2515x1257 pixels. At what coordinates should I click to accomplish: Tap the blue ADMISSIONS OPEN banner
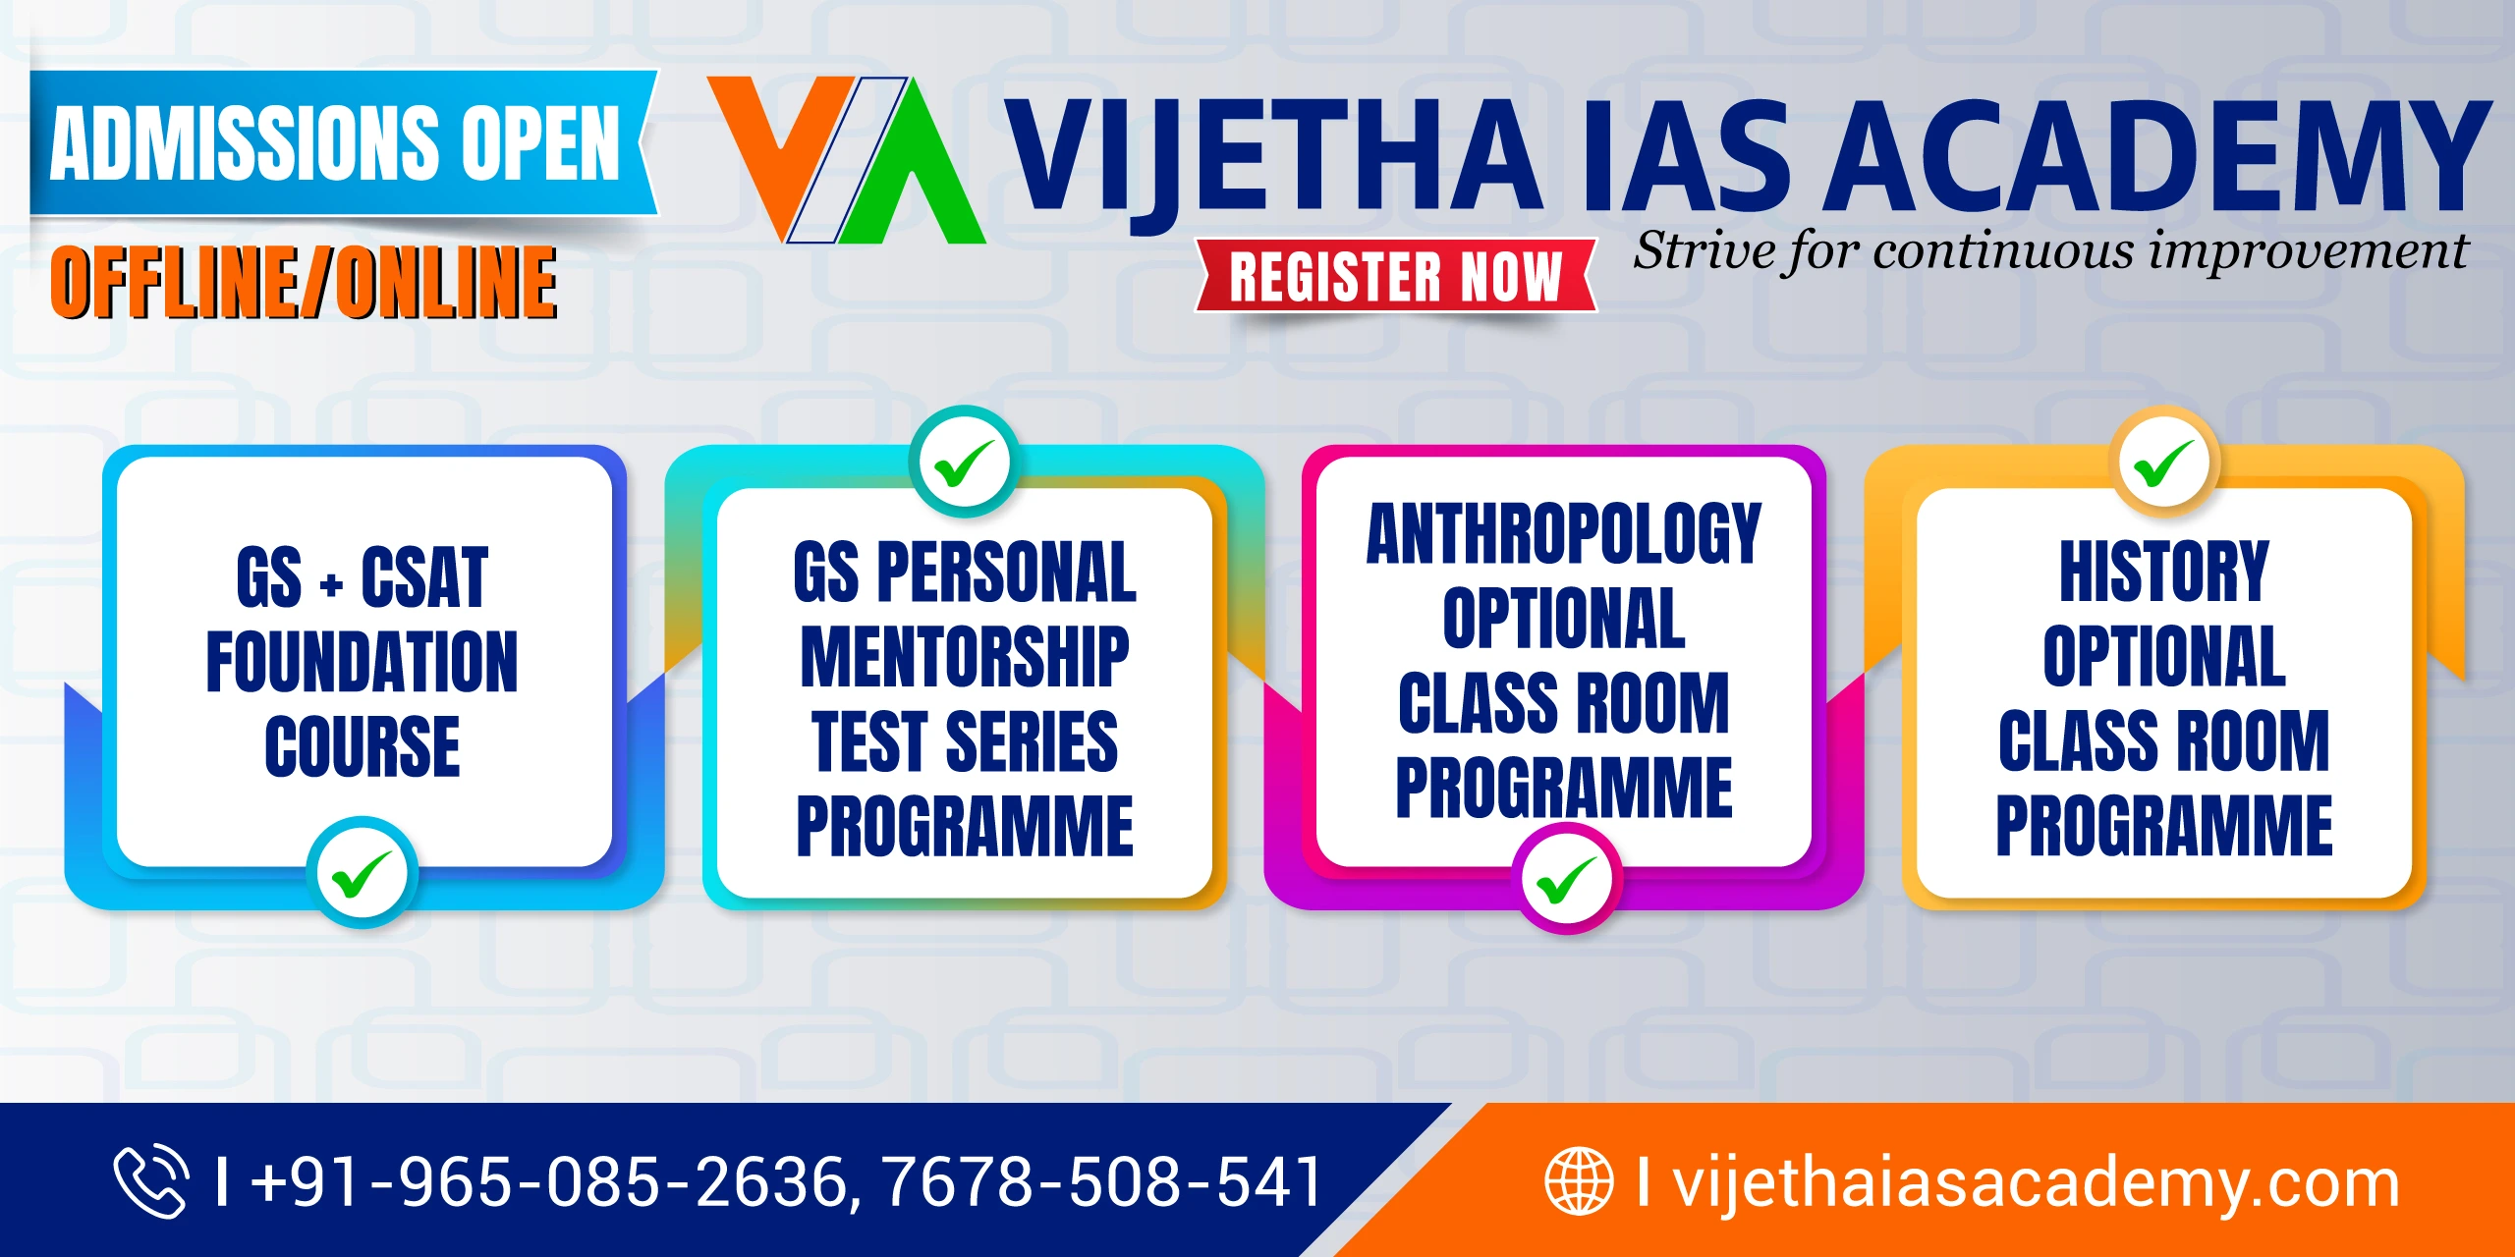[344, 142]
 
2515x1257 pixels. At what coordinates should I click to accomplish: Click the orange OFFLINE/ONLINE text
[304, 282]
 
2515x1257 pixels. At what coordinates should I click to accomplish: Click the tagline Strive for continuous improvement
[2050, 251]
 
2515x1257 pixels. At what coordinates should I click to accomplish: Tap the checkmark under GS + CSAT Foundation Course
[363, 873]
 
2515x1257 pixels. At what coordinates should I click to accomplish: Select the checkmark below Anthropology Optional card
[1566, 879]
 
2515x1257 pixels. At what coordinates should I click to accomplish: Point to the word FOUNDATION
[362, 662]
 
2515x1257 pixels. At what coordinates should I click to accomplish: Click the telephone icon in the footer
[151, 1180]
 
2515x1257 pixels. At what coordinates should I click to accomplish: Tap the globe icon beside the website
[1579, 1180]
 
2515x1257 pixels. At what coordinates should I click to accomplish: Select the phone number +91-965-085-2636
[548, 1180]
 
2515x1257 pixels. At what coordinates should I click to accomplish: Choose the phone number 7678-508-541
[1102, 1180]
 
